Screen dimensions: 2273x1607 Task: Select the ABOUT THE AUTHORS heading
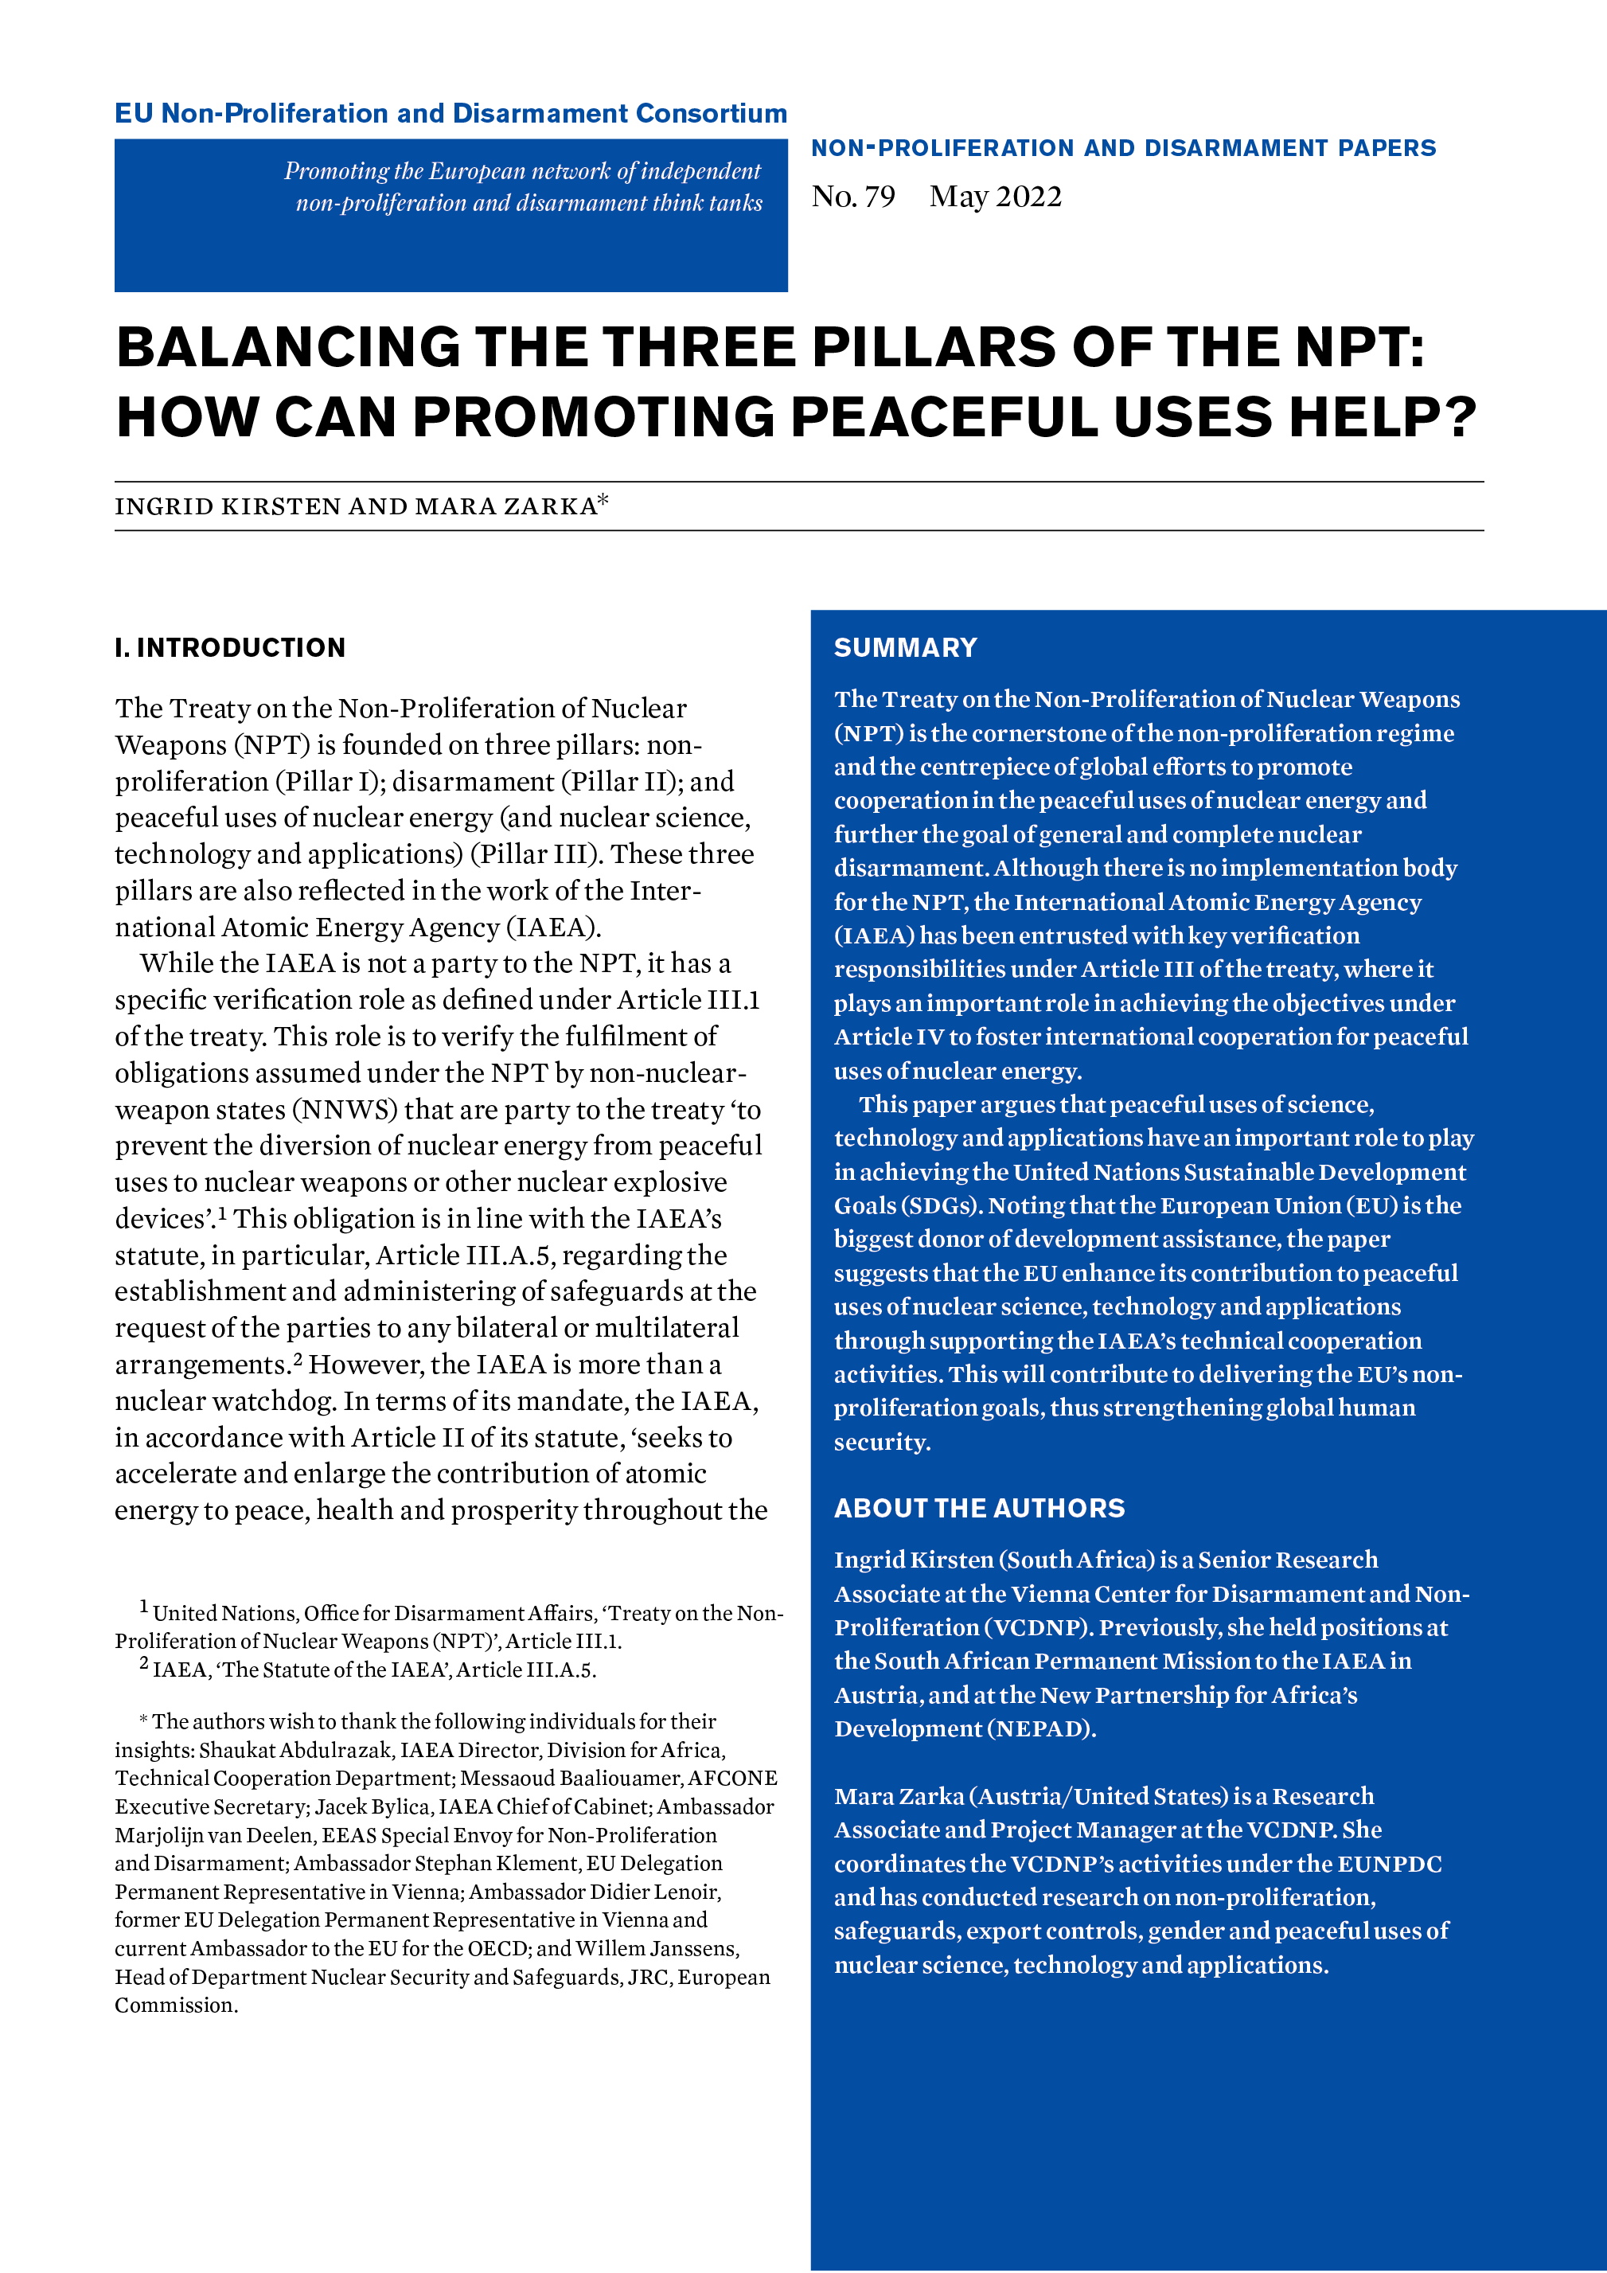(x=979, y=1508)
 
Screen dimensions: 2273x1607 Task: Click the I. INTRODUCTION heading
(x=229, y=647)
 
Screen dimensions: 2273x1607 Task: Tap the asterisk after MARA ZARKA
(x=603, y=500)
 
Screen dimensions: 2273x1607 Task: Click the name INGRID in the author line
(x=163, y=507)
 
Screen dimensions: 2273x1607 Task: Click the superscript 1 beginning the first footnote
(x=145, y=1606)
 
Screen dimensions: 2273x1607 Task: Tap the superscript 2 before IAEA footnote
(x=145, y=1663)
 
